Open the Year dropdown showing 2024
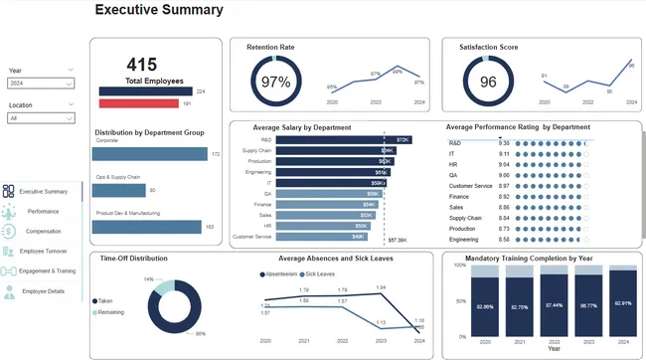pyautogui.click(x=41, y=85)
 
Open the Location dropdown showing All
pyautogui.click(x=41, y=117)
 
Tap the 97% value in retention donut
pyautogui.click(x=274, y=83)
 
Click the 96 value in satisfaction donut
pyautogui.click(x=487, y=83)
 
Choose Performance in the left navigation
pyautogui.click(x=43, y=212)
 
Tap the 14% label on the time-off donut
pyautogui.click(x=149, y=279)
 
